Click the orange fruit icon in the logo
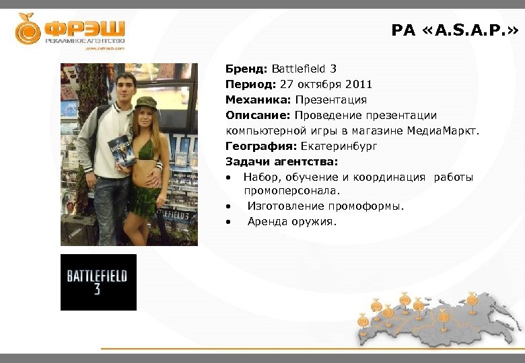[27, 30]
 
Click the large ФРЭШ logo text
[85, 28]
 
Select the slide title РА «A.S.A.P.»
[455, 30]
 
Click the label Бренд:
[247, 69]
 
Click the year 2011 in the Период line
[358, 84]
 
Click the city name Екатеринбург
[339, 146]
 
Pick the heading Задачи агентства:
[281, 161]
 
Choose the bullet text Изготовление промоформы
[326, 206]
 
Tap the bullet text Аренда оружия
[292, 222]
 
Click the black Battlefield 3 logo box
[98, 282]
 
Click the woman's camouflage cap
[145, 103]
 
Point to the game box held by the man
[121, 151]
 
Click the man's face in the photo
[126, 87]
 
